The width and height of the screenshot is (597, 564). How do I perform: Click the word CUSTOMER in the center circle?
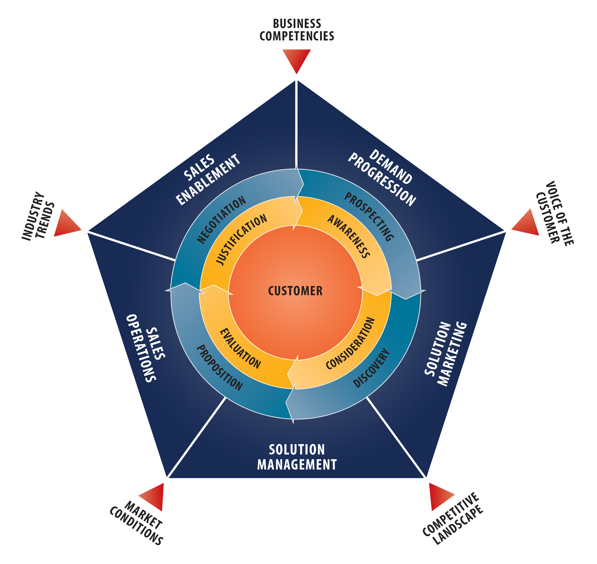295,291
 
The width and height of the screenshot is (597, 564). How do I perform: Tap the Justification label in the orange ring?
241,239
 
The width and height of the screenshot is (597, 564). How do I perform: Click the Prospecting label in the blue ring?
369,216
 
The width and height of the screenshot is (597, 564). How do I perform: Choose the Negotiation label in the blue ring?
221,219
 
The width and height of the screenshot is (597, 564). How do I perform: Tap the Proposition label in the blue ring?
219,367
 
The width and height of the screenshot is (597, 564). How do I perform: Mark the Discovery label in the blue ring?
372,368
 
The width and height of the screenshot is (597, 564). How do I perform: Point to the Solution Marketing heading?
446,354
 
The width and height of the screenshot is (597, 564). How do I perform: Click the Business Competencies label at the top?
297,30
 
